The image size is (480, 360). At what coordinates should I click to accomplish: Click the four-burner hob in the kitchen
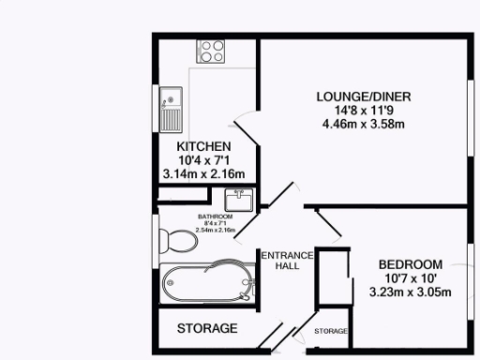209,51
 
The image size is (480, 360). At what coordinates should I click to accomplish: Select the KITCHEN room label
203,147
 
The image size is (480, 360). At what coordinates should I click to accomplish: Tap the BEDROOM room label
411,264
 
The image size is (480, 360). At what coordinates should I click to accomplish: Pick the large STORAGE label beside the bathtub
207,329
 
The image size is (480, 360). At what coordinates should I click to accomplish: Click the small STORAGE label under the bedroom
331,332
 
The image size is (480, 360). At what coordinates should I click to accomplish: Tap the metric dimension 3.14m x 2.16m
203,173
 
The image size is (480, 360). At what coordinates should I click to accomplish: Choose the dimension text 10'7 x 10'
411,278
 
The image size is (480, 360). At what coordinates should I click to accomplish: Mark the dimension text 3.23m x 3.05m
411,292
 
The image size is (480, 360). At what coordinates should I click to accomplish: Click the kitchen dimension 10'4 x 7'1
203,160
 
